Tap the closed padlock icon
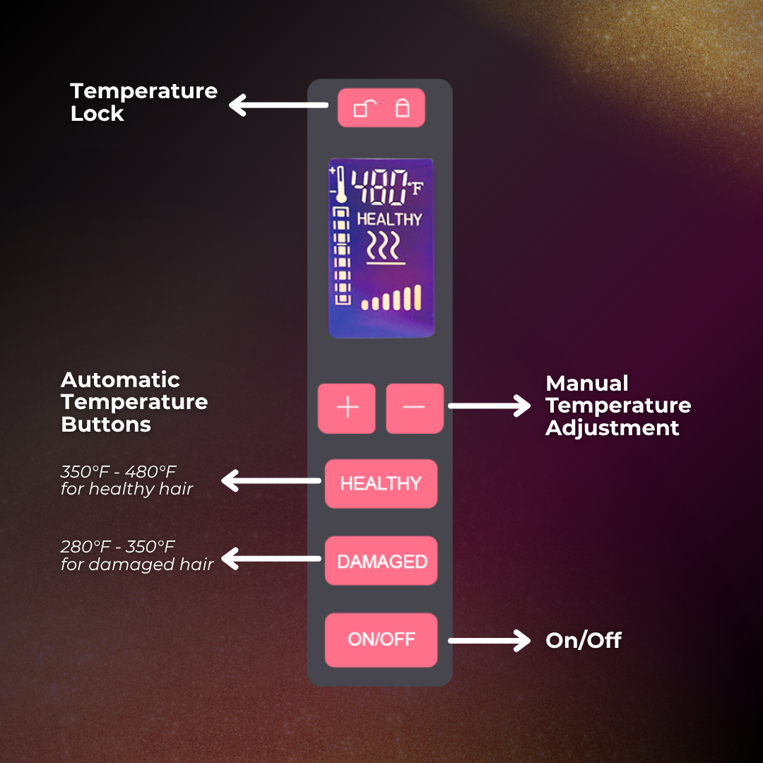[x=402, y=108]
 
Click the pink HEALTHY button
[x=381, y=483]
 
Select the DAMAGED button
[x=381, y=560]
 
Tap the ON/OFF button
[x=381, y=639]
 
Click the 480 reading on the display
[x=379, y=187]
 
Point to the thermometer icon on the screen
[x=340, y=184]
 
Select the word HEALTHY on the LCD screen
[x=389, y=220]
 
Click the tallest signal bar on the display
[x=417, y=297]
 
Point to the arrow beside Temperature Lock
[x=278, y=105]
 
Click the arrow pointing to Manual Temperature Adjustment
[x=490, y=406]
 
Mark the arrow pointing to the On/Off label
[x=490, y=641]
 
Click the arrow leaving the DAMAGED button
[x=271, y=559]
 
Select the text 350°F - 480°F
[x=118, y=471]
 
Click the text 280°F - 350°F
[x=118, y=546]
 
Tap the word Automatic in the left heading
[x=120, y=379]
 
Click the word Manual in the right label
[x=587, y=384]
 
